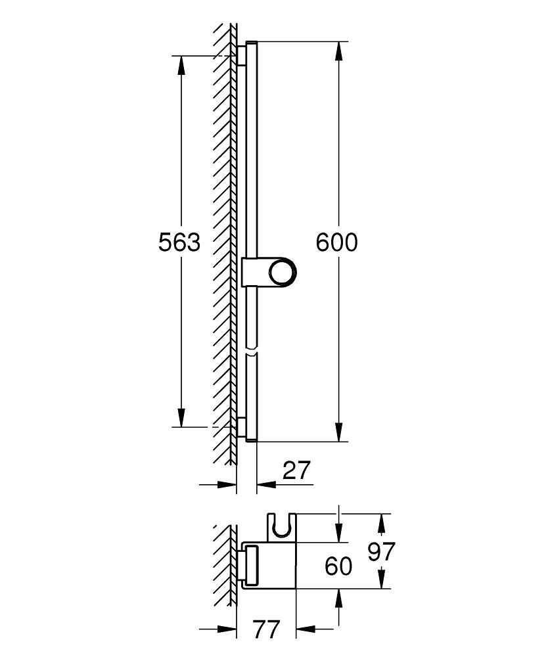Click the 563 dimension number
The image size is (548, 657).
coord(179,242)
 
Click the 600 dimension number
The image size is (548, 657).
coord(336,242)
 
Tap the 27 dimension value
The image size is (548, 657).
coord(295,470)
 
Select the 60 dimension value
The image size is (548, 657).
coord(339,566)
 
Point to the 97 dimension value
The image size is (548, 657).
coord(381,552)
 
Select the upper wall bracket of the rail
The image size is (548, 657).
coord(243,55)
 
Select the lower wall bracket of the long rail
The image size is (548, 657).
coord(243,428)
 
